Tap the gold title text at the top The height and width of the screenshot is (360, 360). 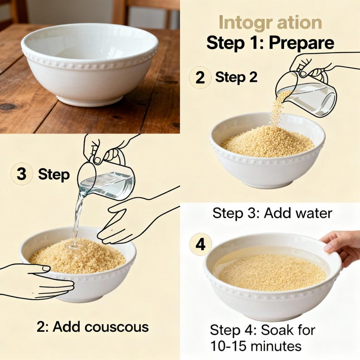pos(270,22)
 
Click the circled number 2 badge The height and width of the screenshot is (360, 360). pos(200,78)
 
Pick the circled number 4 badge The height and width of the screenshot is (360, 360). pos(200,245)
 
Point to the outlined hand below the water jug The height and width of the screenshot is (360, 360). pos(131,218)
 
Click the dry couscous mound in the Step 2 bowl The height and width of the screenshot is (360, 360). pos(268,141)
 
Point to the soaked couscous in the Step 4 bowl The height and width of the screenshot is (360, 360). pos(272,272)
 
